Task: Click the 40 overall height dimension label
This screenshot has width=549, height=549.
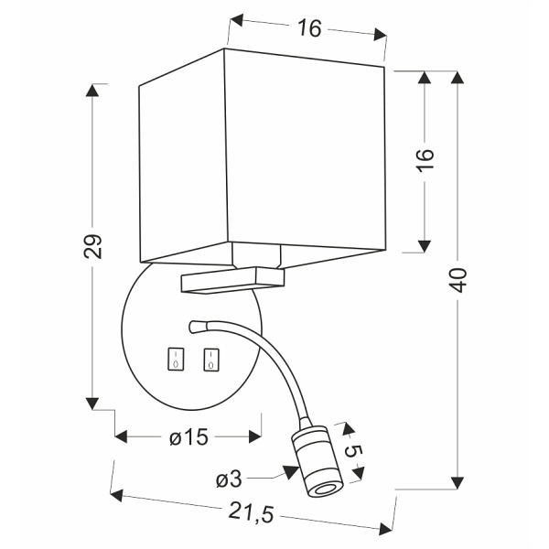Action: point(458,280)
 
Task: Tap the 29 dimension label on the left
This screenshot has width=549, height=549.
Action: point(92,246)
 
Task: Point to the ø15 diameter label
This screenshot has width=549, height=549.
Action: point(189,437)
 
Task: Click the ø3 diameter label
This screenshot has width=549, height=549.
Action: point(229,479)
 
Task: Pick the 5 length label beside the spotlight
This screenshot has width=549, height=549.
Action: point(353,451)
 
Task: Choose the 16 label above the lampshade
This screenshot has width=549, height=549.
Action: point(309,28)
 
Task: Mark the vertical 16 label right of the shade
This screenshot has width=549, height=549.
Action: point(425,159)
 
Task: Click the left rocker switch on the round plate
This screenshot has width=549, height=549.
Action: point(176,359)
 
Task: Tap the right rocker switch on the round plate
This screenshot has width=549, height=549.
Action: point(211,360)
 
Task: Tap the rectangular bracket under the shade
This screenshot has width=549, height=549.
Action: point(232,280)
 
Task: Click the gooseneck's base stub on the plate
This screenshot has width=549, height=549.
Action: point(199,327)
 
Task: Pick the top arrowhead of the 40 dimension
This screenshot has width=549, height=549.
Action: point(457,77)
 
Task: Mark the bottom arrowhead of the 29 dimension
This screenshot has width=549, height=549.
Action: point(92,404)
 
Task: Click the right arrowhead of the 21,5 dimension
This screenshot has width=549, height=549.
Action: point(385,529)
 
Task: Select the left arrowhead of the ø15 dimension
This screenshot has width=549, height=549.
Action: point(121,437)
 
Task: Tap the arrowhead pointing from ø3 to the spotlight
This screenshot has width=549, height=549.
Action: point(291,472)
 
